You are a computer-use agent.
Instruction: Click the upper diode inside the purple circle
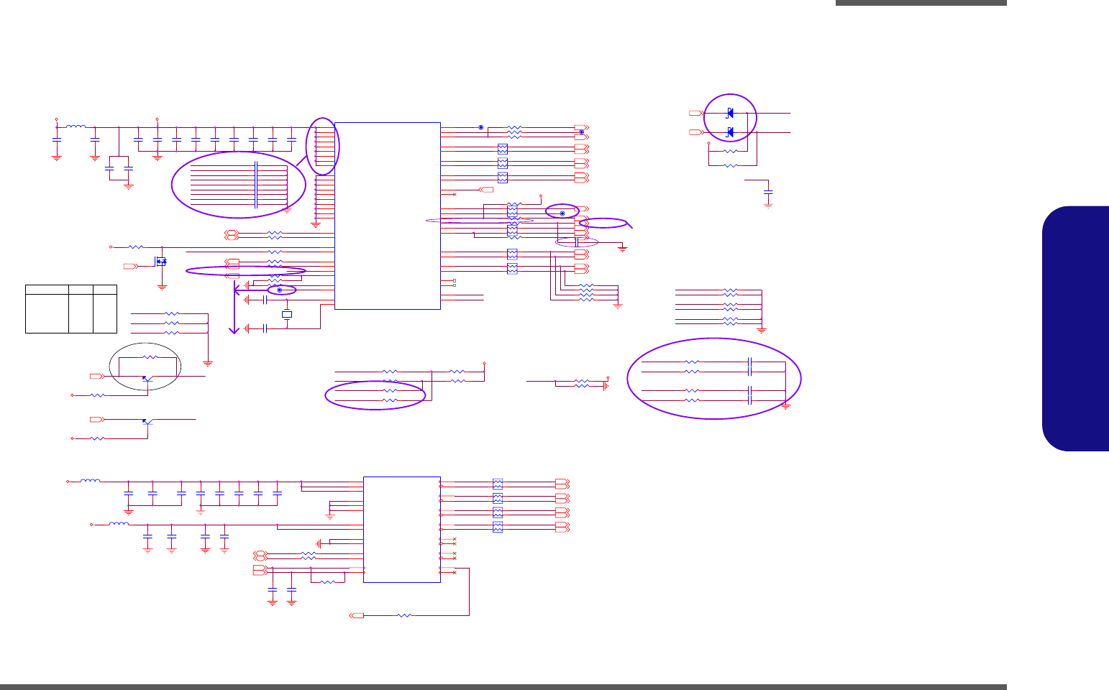point(730,113)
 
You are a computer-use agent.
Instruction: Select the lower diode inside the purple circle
point(730,132)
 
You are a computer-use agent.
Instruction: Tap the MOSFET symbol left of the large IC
point(161,261)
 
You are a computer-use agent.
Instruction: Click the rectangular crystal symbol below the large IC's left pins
point(287,314)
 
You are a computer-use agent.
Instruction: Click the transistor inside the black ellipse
point(147,378)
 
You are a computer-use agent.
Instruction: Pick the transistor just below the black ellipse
point(147,421)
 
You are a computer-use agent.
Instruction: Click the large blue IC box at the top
point(387,216)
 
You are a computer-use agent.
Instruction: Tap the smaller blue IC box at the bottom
point(401,529)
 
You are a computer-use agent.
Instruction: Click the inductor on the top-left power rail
point(76,127)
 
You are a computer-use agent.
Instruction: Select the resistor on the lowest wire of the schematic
point(405,615)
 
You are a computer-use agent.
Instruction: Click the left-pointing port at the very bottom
point(357,615)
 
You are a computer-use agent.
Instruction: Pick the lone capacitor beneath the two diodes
point(768,193)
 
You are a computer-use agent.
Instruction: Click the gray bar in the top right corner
point(921,3)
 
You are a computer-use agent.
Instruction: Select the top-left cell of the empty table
point(47,290)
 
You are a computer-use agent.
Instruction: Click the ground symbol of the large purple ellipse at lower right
point(785,406)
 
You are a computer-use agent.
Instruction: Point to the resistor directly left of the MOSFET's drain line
point(136,247)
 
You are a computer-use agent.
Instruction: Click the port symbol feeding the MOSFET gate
point(130,266)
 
